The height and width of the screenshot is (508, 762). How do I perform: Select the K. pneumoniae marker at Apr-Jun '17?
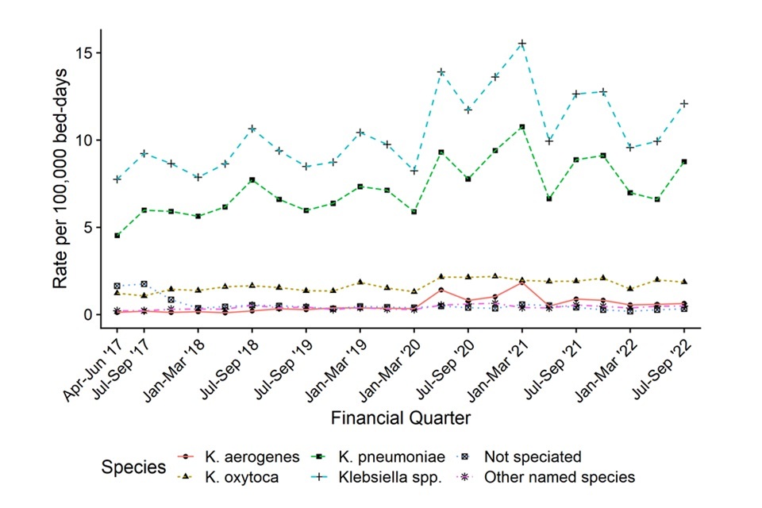click(x=117, y=236)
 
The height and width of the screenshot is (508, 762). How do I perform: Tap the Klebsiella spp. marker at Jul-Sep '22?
click(x=684, y=103)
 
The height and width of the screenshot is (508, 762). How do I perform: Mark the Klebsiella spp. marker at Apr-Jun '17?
click(x=117, y=179)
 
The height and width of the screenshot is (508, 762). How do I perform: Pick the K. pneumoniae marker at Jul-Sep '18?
click(x=252, y=180)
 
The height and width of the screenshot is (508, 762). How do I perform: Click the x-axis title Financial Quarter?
click(x=399, y=418)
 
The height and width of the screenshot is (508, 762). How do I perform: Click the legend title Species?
click(x=133, y=467)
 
